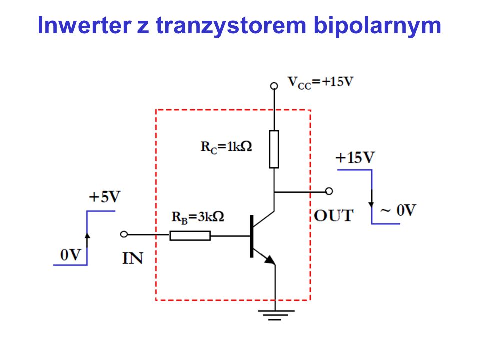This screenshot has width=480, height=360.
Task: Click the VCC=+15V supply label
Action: [x=321, y=82]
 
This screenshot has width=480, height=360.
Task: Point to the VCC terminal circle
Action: [x=274, y=86]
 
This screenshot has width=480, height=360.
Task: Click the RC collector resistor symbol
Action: [x=274, y=149]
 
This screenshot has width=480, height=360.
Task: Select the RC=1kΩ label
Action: [x=226, y=147]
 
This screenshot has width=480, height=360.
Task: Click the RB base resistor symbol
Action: [x=190, y=236]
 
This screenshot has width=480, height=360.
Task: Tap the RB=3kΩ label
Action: [x=198, y=217]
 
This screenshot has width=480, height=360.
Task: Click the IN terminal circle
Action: [x=124, y=235]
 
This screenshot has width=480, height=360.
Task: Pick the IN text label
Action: [x=133, y=258]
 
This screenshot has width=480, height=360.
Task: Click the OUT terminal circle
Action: [x=329, y=191]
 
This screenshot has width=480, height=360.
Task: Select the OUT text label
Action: [x=333, y=216]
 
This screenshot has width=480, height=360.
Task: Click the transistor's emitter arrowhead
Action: [x=270, y=260]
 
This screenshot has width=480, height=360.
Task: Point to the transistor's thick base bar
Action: [x=252, y=236]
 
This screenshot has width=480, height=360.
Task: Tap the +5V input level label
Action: [x=105, y=197]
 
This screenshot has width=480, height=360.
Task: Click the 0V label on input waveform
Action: [x=71, y=255]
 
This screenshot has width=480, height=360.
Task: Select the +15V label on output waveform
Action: [x=355, y=158]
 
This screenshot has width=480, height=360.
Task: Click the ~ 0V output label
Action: [x=398, y=210]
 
